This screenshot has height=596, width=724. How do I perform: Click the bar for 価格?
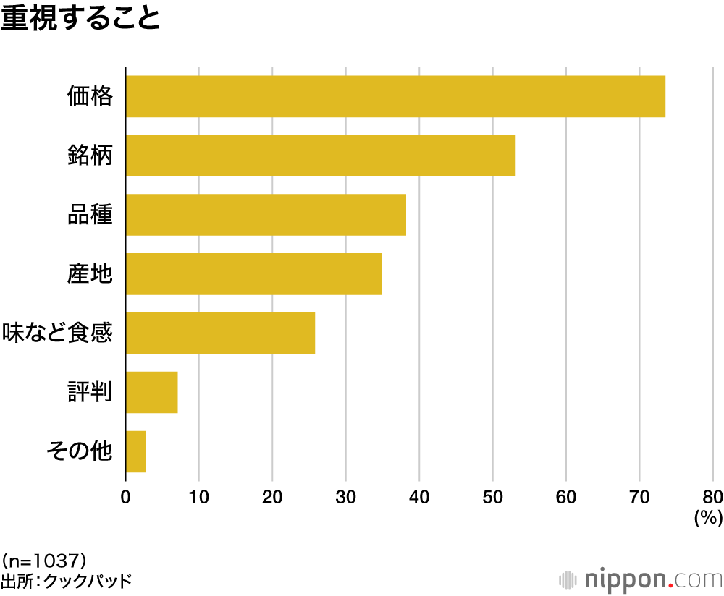395,96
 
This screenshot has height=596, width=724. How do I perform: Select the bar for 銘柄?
321,156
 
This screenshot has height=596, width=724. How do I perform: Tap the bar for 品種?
266,215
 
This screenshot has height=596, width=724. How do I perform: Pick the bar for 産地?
253,274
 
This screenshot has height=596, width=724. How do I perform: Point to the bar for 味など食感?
220,333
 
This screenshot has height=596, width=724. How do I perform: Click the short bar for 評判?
151,393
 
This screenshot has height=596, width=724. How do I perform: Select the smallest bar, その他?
136,452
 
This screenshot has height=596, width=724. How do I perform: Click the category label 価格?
90,96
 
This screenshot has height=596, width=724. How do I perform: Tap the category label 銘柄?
90,156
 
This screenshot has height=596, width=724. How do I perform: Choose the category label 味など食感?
57,333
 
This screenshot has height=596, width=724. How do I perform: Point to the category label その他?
79,452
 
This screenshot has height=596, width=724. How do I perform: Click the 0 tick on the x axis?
125,497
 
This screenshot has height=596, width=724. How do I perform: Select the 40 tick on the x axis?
419,497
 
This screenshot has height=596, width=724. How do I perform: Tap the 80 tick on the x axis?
712,497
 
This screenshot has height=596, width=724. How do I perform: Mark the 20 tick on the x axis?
272,497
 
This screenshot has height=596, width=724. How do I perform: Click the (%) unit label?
709,518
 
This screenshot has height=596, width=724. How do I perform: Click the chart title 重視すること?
80,18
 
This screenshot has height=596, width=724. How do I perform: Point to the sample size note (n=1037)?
45,560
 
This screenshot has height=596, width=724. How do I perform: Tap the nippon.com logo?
641,579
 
